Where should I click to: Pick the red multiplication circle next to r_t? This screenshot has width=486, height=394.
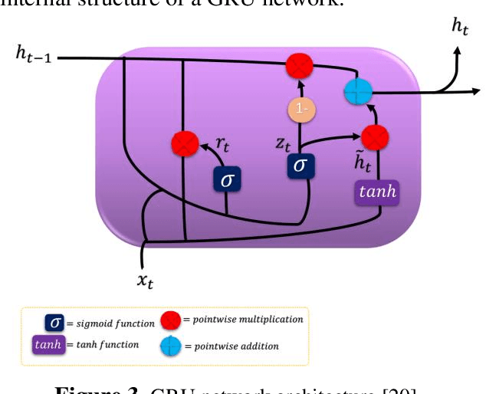pyautogui.click(x=184, y=143)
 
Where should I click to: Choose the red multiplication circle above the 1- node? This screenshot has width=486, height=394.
pyautogui.click(x=299, y=67)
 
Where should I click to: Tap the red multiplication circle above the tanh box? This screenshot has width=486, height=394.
pyautogui.click(x=375, y=136)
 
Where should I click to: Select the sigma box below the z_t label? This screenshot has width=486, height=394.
pyautogui.click(x=301, y=166)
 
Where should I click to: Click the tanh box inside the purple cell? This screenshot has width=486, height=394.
pyautogui.click(x=376, y=192)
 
